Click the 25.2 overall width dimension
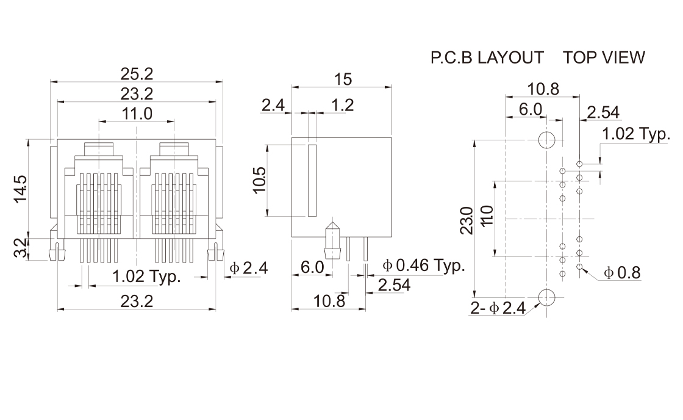click(x=137, y=74)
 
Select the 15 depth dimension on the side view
click(x=343, y=79)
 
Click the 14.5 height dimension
click(x=20, y=189)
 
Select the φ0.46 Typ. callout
click(x=423, y=266)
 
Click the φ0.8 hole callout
click(x=621, y=273)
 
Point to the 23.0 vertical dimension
click(x=466, y=220)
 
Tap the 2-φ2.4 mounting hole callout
click(x=498, y=309)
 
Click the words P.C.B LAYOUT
click(x=487, y=57)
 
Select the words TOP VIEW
click(x=604, y=57)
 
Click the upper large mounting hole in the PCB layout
click(x=546, y=140)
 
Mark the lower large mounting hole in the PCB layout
click(x=546, y=297)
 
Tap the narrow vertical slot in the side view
click(x=312, y=180)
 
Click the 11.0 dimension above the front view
click(x=137, y=114)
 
